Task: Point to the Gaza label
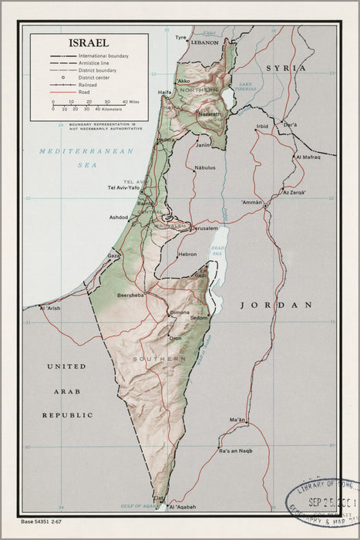tap(113, 255)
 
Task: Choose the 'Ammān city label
tap(252, 201)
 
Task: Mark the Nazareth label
tap(210, 113)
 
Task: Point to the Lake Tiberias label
tap(246, 86)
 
